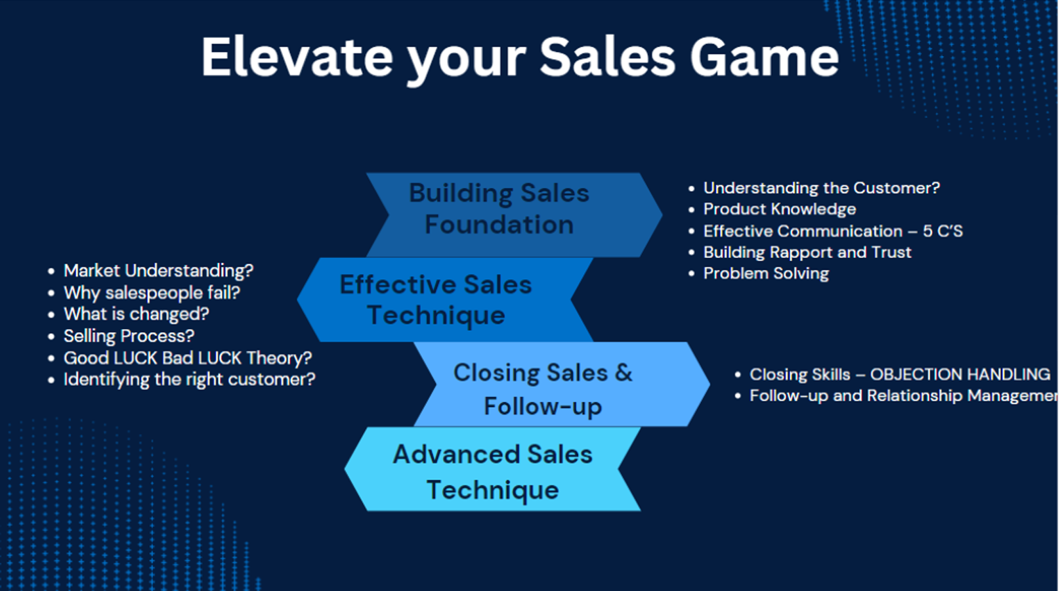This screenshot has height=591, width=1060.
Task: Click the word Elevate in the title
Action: [x=297, y=57]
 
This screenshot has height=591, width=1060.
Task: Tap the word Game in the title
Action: [x=765, y=57]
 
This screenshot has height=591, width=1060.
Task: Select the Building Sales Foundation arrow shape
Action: [x=515, y=215]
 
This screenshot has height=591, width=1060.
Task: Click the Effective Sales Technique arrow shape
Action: [x=445, y=299]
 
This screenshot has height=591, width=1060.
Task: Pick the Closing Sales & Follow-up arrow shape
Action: [x=562, y=384]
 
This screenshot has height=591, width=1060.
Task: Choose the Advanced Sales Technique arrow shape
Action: [x=493, y=469]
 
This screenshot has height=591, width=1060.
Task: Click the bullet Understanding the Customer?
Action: [x=822, y=188]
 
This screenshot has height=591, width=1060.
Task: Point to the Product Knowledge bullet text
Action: [x=779, y=209]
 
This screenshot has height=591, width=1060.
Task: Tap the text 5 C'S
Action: [x=943, y=231]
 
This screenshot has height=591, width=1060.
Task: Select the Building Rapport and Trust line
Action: [x=807, y=252]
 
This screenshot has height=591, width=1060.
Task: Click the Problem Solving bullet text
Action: [x=766, y=274]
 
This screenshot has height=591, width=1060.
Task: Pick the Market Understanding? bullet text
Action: [x=159, y=271]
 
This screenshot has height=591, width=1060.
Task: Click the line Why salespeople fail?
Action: [x=152, y=293]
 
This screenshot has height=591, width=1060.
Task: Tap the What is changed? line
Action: [x=137, y=314]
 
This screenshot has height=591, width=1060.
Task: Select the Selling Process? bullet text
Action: [x=129, y=336]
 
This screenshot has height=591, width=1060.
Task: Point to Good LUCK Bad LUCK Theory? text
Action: [x=188, y=358]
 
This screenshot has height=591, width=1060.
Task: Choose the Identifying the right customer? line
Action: [x=189, y=380]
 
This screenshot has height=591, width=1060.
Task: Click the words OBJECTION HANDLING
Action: [x=960, y=374]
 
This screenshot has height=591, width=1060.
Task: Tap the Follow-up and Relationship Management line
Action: [x=904, y=396]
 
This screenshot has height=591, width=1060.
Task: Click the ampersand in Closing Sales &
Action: [x=624, y=373]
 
